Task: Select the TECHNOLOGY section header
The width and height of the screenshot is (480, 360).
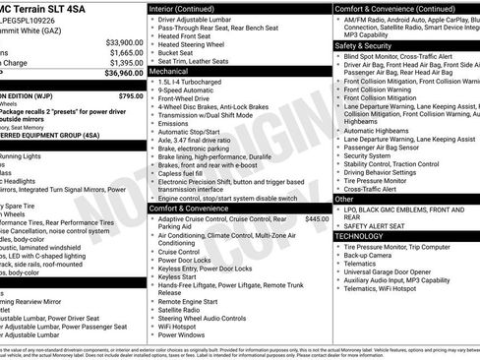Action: point(361,236)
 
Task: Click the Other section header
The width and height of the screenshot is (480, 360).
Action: point(345,198)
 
